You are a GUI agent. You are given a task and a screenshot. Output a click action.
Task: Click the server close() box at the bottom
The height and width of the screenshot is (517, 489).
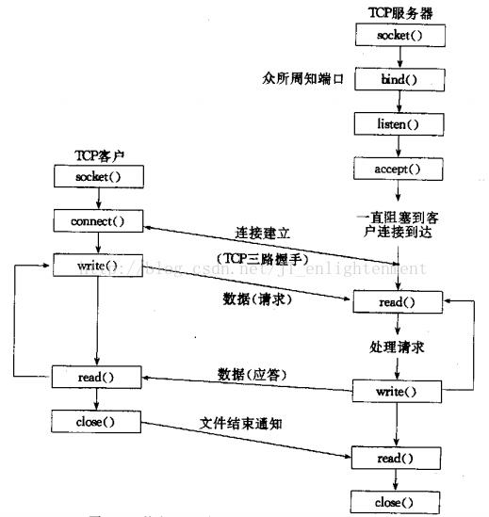coord(395,501)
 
